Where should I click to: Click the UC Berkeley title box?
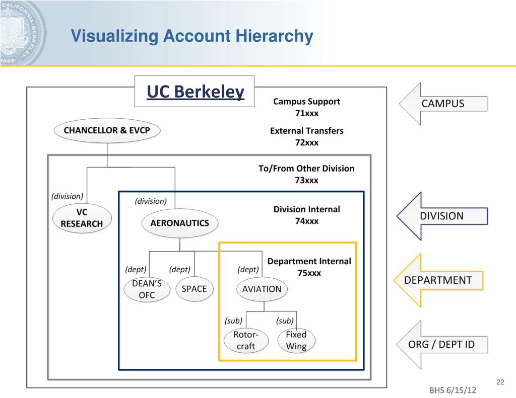[x=195, y=91]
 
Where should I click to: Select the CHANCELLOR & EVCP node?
[x=107, y=131]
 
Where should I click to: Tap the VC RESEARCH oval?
[x=81, y=218]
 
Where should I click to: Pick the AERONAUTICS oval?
[x=179, y=223]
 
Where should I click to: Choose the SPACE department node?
[x=194, y=289]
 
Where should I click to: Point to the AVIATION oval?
[x=262, y=289]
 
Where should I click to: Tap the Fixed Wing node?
[x=296, y=340]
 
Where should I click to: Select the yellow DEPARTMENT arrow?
[x=438, y=280]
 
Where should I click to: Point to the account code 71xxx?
[x=306, y=113]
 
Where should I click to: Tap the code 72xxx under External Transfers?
[x=306, y=142]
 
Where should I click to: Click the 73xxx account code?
[x=306, y=180]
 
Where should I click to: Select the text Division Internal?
[x=306, y=209]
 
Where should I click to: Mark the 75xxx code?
[x=309, y=273]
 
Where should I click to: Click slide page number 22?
[x=500, y=382]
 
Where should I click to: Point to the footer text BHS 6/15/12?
[x=453, y=391]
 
